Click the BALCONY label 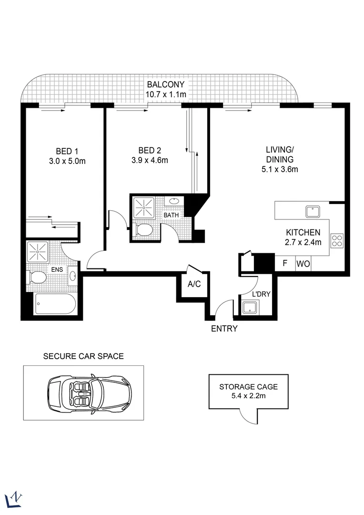click(x=165, y=85)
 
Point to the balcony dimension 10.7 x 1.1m click(x=165, y=94)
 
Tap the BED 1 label click(x=67, y=151)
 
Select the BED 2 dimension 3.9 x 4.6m click(x=150, y=160)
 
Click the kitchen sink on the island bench click(x=312, y=210)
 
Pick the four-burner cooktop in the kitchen click(x=337, y=240)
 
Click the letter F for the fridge click(x=285, y=264)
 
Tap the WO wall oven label click(x=303, y=264)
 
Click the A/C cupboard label click(x=194, y=285)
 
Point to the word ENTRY click(x=224, y=329)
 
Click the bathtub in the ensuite click(x=55, y=304)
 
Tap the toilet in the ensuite click(x=37, y=277)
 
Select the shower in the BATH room click(x=143, y=207)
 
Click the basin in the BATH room click(x=175, y=201)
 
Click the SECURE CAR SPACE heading click(x=83, y=356)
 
